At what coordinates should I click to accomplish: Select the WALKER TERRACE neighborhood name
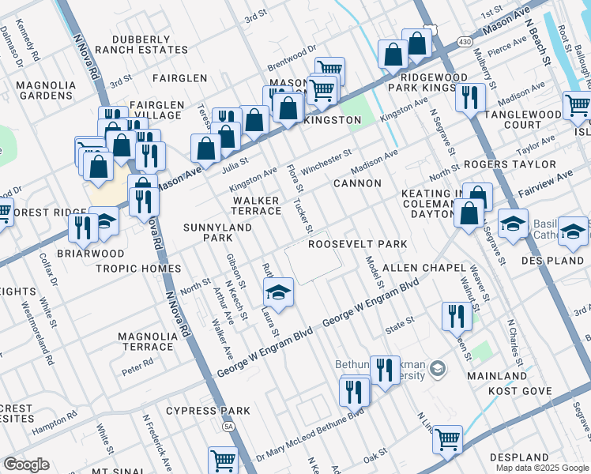pos(256,206)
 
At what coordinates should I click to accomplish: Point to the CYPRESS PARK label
pos(208,411)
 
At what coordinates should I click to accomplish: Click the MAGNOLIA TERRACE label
pos(145,341)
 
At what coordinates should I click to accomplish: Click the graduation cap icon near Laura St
pos(278,293)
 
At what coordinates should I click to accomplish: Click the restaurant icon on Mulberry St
pos(470,98)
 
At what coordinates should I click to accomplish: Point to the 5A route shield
pos(229,427)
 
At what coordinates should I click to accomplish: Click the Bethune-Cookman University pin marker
pos(439,368)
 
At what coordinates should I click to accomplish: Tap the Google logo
pos(27,464)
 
